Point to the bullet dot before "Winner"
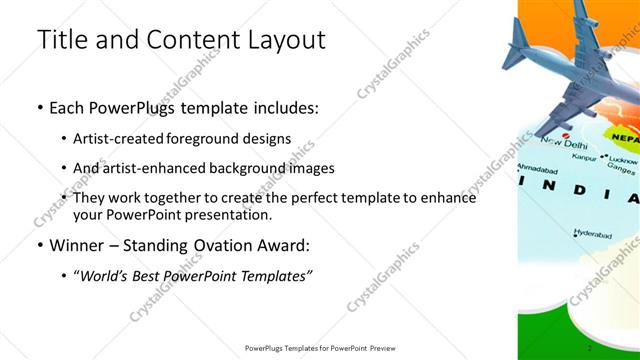pos(39,245)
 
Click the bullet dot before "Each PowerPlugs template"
pos(39,108)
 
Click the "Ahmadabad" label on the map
pos(536,169)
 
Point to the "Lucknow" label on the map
pos(622,160)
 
